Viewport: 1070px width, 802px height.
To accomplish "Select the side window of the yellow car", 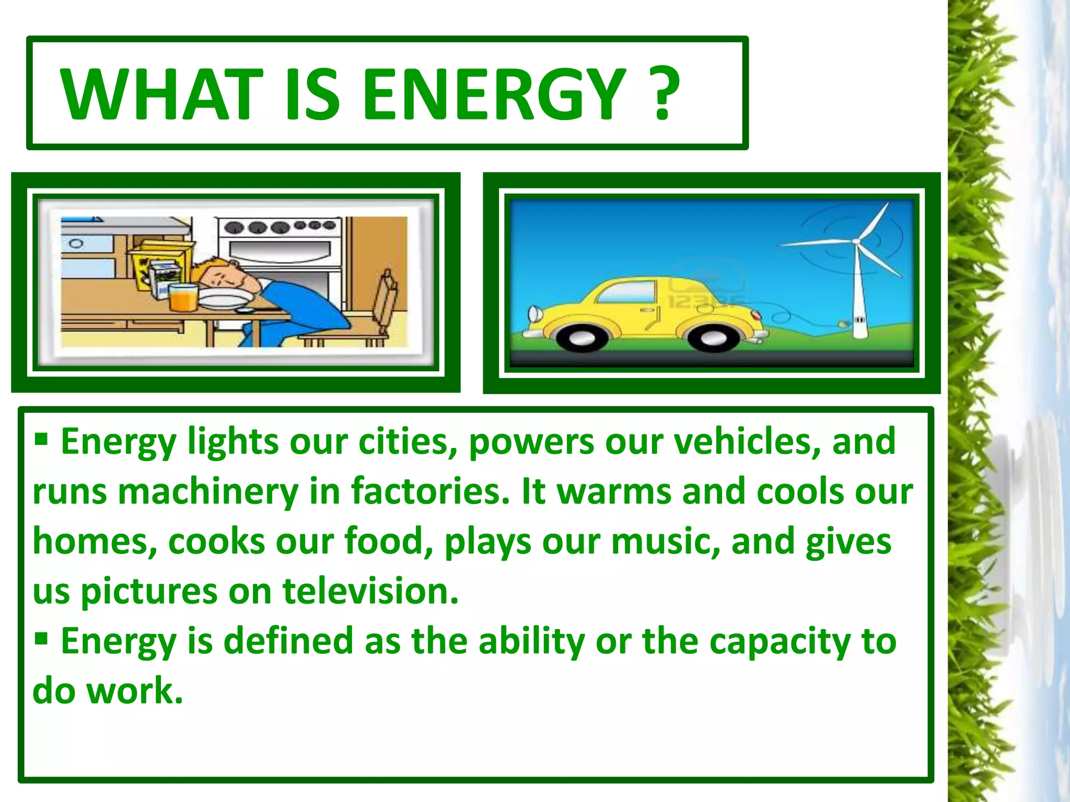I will pyautogui.click(x=627, y=291).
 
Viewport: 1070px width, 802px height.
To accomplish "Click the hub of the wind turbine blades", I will pyautogui.click(x=856, y=241).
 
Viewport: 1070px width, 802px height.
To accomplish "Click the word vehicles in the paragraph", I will pyautogui.click(x=747, y=442).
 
